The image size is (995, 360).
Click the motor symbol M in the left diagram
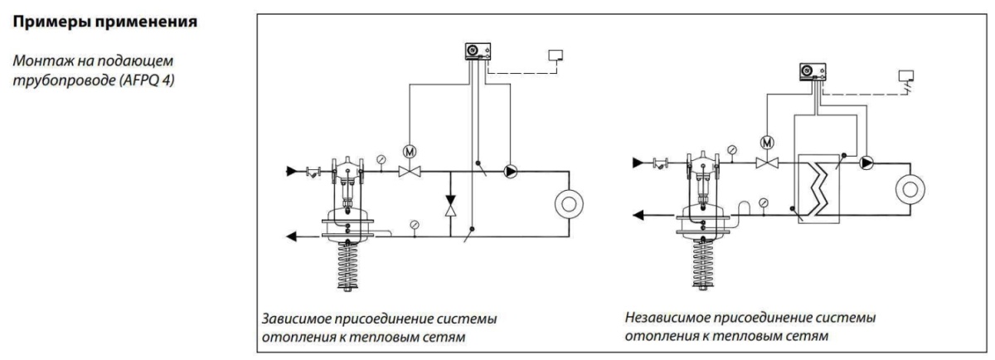[408, 152]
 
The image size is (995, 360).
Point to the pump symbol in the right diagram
[866, 163]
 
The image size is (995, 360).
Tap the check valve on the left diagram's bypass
[449, 205]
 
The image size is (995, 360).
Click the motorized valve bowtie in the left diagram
[408, 172]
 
